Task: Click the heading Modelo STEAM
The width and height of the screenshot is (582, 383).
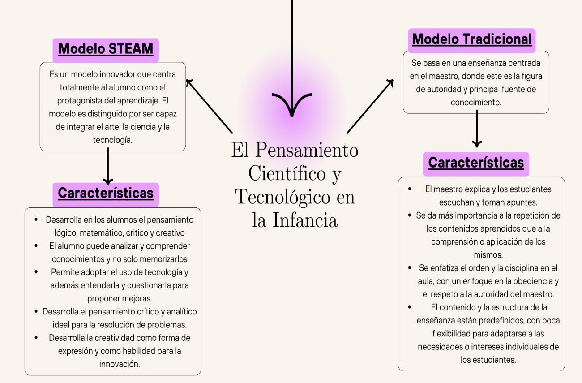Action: [x=106, y=49]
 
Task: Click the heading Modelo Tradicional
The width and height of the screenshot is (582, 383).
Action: [x=472, y=39]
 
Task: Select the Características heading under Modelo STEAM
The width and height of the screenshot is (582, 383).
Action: [x=106, y=193]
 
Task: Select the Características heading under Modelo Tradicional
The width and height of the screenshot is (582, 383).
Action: [x=476, y=163]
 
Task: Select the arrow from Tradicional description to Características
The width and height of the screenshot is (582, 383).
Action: [x=477, y=130]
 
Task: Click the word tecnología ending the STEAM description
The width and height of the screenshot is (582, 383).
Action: [x=112, y=140]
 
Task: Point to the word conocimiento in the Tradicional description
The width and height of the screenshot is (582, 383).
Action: [x=476, y=103]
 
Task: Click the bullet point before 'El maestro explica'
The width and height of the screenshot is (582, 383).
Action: [x=410, y=189]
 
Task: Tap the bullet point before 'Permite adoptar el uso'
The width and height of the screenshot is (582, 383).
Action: [x=36, y=272]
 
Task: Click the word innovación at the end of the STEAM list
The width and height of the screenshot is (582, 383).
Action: [x=120, y=364]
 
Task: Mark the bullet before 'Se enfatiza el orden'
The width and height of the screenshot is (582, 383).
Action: [x=410, y=268]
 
